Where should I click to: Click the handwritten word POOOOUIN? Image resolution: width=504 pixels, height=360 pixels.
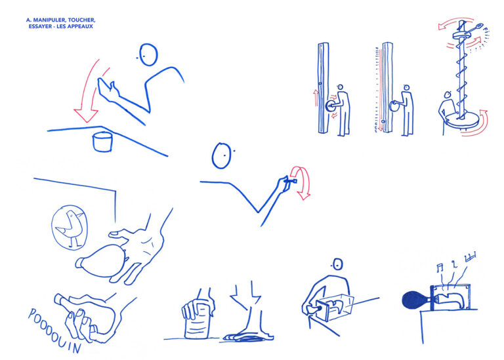pyautogui.click(x=54, y=330)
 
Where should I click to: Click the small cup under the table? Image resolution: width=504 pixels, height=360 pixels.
pyautogui.click(x=102, y=142)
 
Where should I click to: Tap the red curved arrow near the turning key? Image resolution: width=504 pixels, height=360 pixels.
pyautogui.click(x=301, y=182)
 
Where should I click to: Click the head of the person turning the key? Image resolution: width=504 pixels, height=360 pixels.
pyautogui.click(x=222, y=156)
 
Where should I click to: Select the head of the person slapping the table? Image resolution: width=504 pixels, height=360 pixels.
pyautogui.click(x=148, y=54)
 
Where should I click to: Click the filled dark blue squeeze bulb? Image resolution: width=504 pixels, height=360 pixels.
pyautogui.click(x=415, y=300)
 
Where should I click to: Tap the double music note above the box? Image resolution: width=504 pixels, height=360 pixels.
pyautogui.click(x=440, y=268)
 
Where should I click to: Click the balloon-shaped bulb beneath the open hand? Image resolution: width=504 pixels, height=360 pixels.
pyautogui.click(x=101, y=261)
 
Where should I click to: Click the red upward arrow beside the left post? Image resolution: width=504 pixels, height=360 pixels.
pyautogui.click(x=316, y=98)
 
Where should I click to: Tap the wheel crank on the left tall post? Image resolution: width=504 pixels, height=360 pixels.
pyautogui.click(x=330, y=106)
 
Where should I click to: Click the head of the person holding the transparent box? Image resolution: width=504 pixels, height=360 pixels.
pyautogui.click(x=337, y=265)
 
